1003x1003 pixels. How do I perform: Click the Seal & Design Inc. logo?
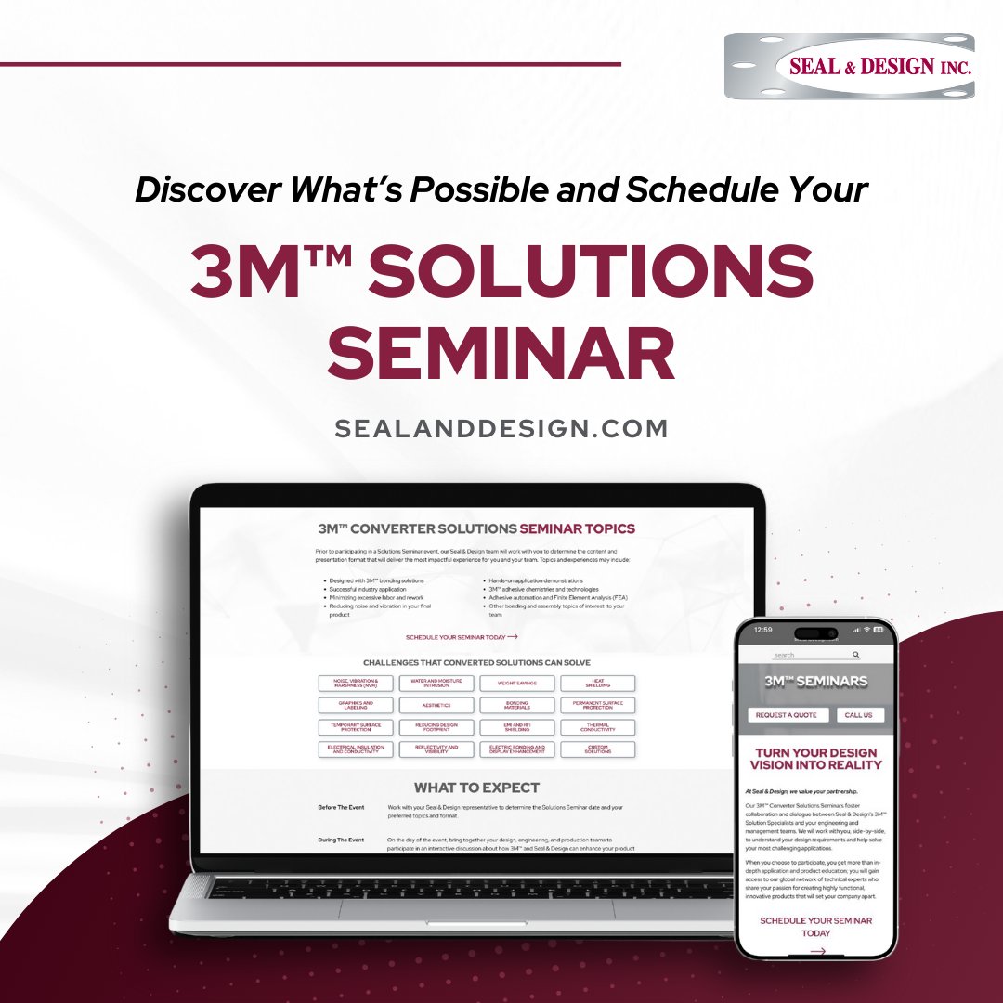point(849,66)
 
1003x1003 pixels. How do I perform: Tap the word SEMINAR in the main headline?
point(501,355)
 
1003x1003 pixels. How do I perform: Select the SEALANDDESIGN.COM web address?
point(501,429)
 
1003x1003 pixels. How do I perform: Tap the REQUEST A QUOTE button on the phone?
point(787,715)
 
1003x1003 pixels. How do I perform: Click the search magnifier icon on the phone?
point(856,655)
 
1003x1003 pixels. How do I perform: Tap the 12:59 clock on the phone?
point(762,630)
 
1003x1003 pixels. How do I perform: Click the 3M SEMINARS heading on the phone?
point(815,681)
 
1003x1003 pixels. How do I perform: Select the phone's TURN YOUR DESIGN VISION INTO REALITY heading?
point(816,759)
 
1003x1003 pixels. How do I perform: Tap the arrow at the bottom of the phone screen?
point(817,951)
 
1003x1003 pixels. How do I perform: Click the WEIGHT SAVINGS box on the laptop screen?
point(517,684)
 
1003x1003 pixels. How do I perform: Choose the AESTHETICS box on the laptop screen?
point(436,706)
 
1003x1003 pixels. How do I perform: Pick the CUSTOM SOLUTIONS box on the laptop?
point(597,749)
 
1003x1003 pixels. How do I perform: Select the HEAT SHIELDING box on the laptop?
point(597,684)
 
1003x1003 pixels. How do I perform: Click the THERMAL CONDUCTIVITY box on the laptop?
point(597,727)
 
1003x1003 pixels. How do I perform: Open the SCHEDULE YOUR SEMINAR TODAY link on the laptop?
point(462,637)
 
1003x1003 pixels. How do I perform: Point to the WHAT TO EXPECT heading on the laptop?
point(476,788)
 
